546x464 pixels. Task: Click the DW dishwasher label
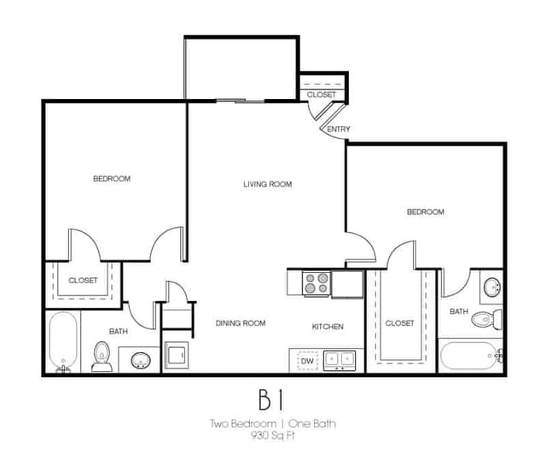(307, 361)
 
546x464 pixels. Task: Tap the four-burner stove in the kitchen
(317, 283)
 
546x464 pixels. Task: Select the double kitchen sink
(340, 361)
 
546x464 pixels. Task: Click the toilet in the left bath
(102, 357)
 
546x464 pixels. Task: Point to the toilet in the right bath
(487, 319)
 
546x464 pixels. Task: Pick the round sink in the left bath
(141, 360)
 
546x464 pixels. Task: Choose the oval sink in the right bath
(492, 287)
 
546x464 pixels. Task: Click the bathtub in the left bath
(63, 342)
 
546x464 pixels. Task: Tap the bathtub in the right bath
(470, 356)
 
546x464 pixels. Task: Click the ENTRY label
(339, 129)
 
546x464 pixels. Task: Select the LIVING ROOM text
(267, 184)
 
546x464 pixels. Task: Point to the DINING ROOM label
(241, 323)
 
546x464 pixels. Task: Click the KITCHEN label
(328, 327)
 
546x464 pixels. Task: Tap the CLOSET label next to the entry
(322, 95)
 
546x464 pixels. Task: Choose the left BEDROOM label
(112, 178)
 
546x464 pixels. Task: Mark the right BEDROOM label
(426, 212)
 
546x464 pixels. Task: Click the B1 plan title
(271, 400)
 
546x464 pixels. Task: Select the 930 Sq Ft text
(273, 436)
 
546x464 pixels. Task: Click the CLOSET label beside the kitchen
(400, 323)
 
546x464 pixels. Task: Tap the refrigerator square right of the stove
(347, 284)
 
